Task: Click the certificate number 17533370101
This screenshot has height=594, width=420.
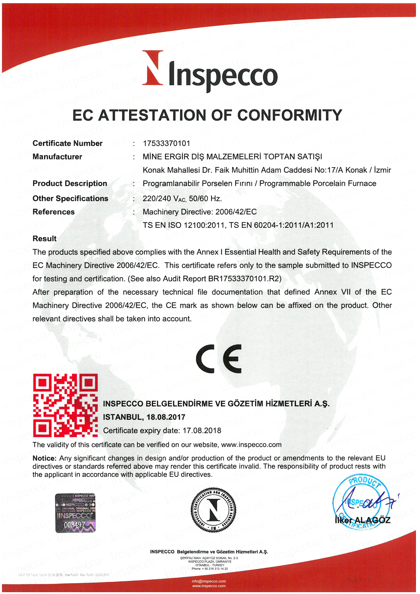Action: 166,143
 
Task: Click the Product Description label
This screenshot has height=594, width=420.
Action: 70,183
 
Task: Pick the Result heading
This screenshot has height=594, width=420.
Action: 45,238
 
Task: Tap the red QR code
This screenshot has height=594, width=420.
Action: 65,405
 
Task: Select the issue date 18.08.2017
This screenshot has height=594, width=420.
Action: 166,417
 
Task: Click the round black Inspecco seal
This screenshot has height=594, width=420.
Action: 213,510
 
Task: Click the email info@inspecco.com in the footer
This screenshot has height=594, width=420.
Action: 209,581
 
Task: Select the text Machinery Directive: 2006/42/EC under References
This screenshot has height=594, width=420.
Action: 200,212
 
